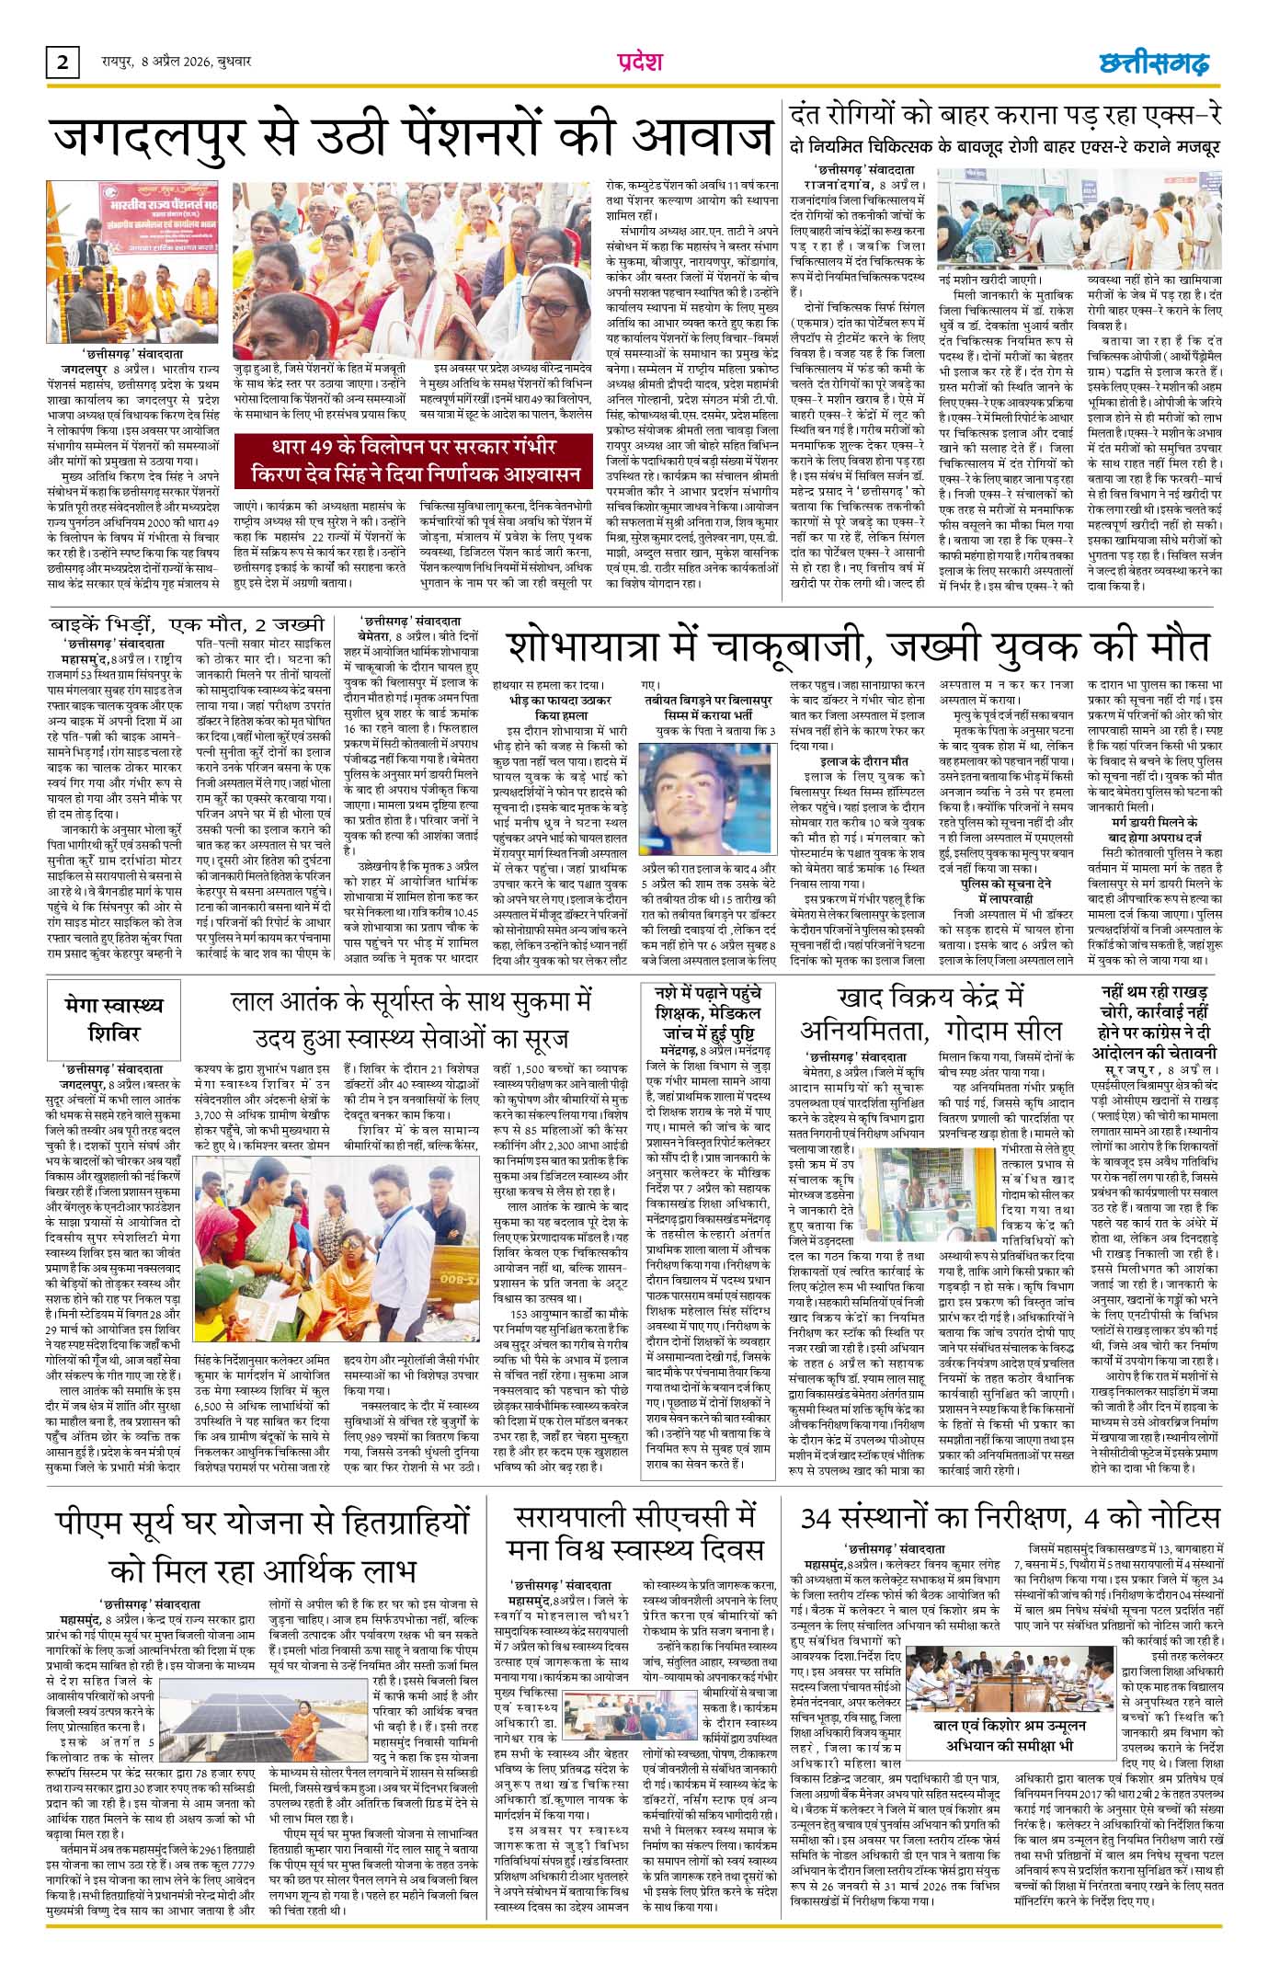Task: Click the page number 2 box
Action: tap(62, 63)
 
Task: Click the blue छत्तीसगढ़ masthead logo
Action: tap(1155, 63)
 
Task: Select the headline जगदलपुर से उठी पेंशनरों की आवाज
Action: tap(411, 139)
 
